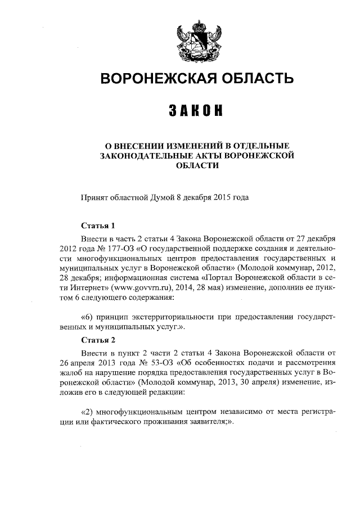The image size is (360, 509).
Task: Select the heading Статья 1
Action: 98,226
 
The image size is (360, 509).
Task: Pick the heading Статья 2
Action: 98,340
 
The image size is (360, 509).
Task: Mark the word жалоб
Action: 69,373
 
